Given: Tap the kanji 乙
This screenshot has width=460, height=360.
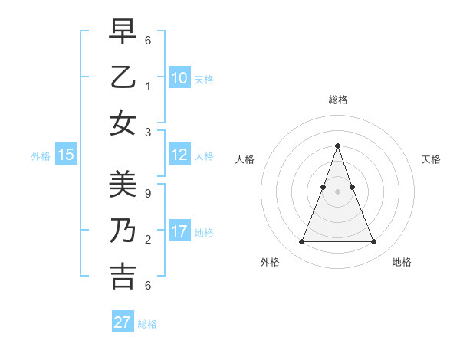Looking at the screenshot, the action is tap(123, 78).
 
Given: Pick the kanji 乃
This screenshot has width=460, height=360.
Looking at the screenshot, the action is tap(123, 230).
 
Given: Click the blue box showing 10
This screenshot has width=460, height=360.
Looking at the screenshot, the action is tap(179, 78).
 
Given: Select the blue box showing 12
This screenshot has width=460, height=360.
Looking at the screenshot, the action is tap(179, 155).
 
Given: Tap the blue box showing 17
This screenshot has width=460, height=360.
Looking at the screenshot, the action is tap(179, 231).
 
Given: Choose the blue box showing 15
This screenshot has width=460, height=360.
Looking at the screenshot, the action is tap(66, 155).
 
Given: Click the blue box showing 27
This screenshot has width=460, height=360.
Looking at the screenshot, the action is tap(123, 322).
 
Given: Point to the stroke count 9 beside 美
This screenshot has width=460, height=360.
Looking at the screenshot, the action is tap(148, 194).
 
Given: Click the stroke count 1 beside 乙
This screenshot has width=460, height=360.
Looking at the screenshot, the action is tap(148, 86).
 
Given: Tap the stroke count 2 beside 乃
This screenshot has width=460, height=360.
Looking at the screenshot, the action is tap(148, 240).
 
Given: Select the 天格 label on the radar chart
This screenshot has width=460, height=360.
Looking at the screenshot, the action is tap(432, 159).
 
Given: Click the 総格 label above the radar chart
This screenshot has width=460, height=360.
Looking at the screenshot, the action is tap(337, 100).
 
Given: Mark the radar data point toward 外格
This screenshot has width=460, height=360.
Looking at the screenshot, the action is tap(301, 242).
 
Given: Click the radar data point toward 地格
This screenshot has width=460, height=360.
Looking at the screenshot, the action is tap(373, 242).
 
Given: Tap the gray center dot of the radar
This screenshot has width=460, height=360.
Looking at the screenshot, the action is tap(337, 191).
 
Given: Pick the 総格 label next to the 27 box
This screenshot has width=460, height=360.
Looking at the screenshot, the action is tap(147, 324).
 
